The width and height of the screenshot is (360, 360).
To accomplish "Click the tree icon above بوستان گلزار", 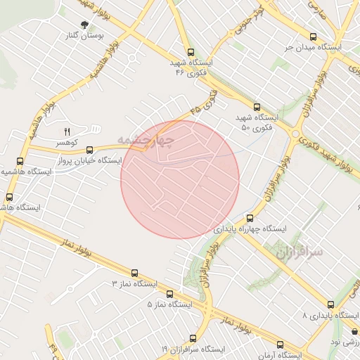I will [x=85, y=25].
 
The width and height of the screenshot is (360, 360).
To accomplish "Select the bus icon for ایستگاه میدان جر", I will [x=313, y=37].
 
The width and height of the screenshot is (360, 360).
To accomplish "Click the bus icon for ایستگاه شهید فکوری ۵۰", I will [x=256, y=106].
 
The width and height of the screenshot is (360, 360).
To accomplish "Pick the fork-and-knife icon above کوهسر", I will [x=68, y=131].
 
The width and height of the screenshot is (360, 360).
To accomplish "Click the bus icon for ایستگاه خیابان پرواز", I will [x=89, y=150].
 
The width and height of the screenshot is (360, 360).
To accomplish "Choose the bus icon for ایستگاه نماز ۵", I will [x=169, y=294].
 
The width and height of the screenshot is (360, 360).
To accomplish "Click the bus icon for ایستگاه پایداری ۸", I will [x=332, y=305].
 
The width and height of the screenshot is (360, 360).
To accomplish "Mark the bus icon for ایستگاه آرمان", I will [x=280, y=345].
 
